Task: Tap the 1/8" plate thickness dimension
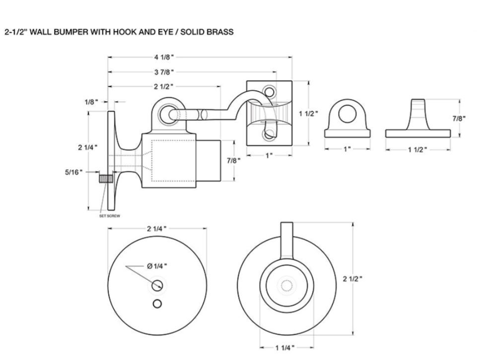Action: point(91,101)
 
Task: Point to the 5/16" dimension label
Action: point(74,172)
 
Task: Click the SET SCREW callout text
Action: point(109,216)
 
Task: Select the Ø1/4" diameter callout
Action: point(157,266)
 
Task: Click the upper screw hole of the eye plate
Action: point(269,91)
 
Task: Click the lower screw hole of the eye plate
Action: point(269,134)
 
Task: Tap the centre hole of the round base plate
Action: point(158,285)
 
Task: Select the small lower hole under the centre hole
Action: point(157,303)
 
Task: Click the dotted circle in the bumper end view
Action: point(287,286)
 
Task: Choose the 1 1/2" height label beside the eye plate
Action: point(308,113)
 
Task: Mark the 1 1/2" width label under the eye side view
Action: point(418,149)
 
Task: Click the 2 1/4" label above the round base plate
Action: point(156,228)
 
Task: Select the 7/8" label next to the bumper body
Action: point(233,160)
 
